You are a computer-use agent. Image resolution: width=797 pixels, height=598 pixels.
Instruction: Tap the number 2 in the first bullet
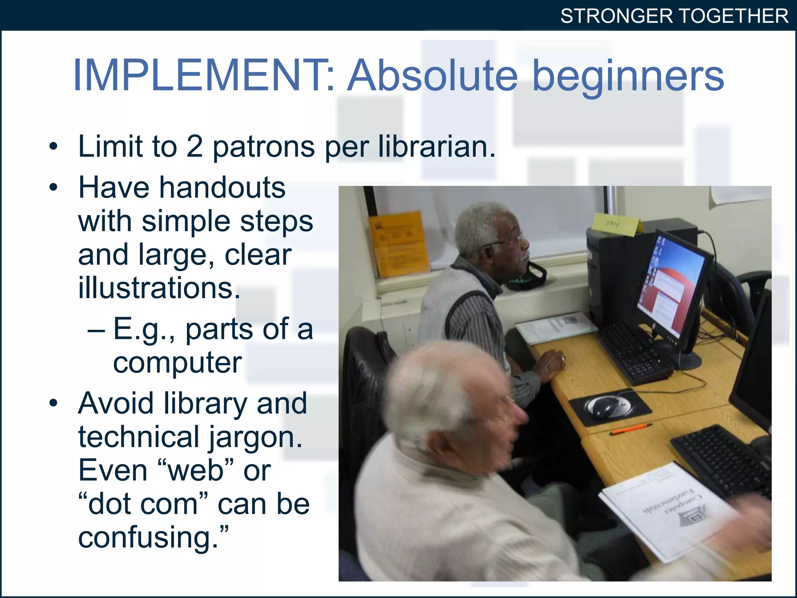[x=195, y=147]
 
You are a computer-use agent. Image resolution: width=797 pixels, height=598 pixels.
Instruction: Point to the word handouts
[x=222, y=188]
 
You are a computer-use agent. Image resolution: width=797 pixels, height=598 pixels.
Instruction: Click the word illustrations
[x=159, y=288]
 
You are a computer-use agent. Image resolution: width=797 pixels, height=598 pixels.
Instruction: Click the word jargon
[x=256, y=438]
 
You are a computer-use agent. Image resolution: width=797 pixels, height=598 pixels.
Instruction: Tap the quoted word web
[x=196, y=471]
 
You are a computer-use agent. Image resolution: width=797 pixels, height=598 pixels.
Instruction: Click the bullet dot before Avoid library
[x=53, y=403]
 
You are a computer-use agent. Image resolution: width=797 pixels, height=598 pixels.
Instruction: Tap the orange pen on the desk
[x=630, y=429]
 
